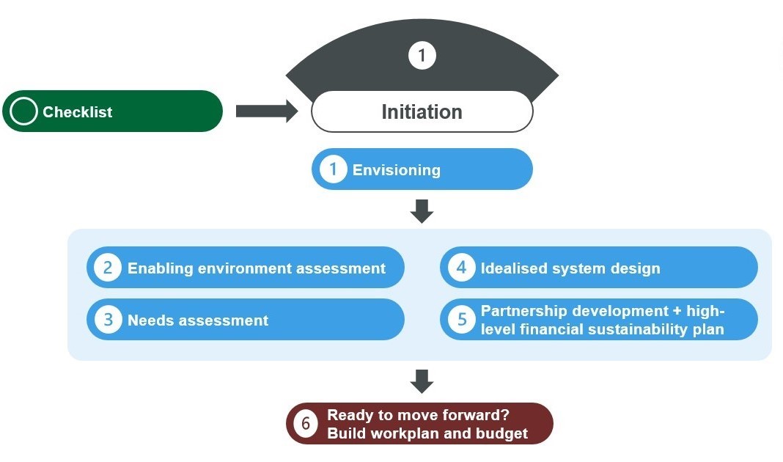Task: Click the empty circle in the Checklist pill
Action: pyautogui.click(x=24, y=111)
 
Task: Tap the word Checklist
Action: pyautogui.click(x=78, y=112)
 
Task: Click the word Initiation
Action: pyautogui.click(x=422, y=112)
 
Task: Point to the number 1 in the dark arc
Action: pyautogui.click(x=422, y=56)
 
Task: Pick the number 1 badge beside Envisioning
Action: pyautogui.click(x=334, y=169)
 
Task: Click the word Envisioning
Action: pyautogui.click(x=397, y=170)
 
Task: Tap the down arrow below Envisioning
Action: pyautogui.click(x=422, y=211)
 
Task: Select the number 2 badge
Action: pyautogui.click(x=108, y=268)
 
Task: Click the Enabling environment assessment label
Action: pyautogui.click(x=257, y=268)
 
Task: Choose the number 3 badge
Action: pyautogui.click(x=108, y=320)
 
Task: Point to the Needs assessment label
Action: pyautogui.click(x=198, y=320)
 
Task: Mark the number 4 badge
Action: pyautogui.click(x=461, y=268)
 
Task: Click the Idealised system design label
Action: pyautogui.click(x=570, y=268)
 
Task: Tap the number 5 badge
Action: pyautogui.click(x=461, y=320)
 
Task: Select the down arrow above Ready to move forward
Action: pyautogui.click(x=422, y=381)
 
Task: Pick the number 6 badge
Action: pyautogui.click(x=306, y=423)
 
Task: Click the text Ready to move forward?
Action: pyautogui.click(x=418, y=414)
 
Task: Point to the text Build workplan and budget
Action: pyautogui.click(x=427, y=433)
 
